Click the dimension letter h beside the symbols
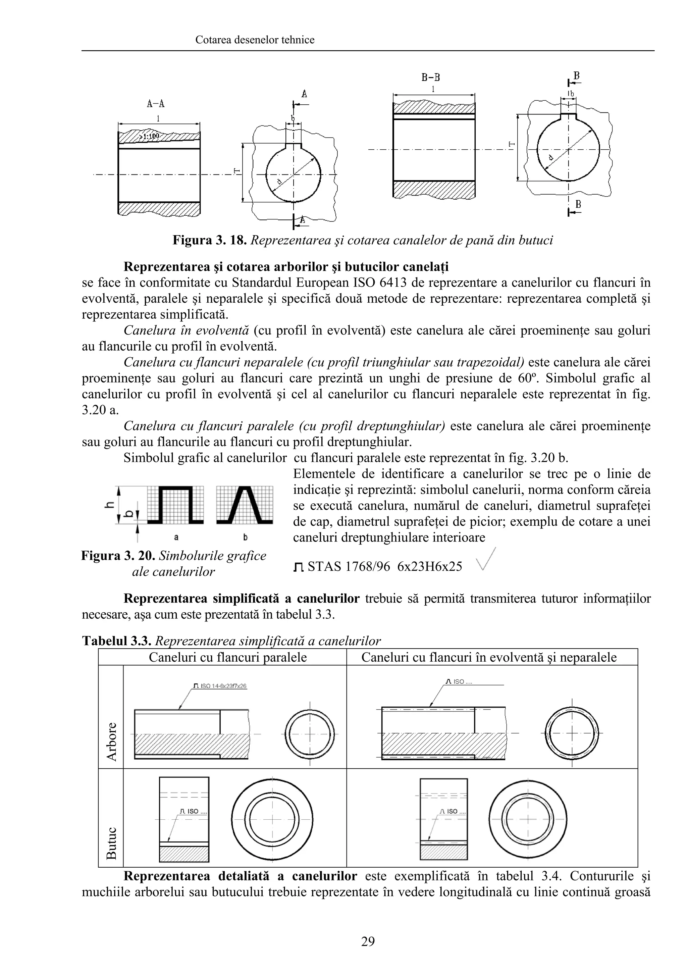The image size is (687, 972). point(109,505)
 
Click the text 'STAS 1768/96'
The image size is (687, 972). point(349,566)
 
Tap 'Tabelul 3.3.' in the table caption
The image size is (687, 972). point(117,641)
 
